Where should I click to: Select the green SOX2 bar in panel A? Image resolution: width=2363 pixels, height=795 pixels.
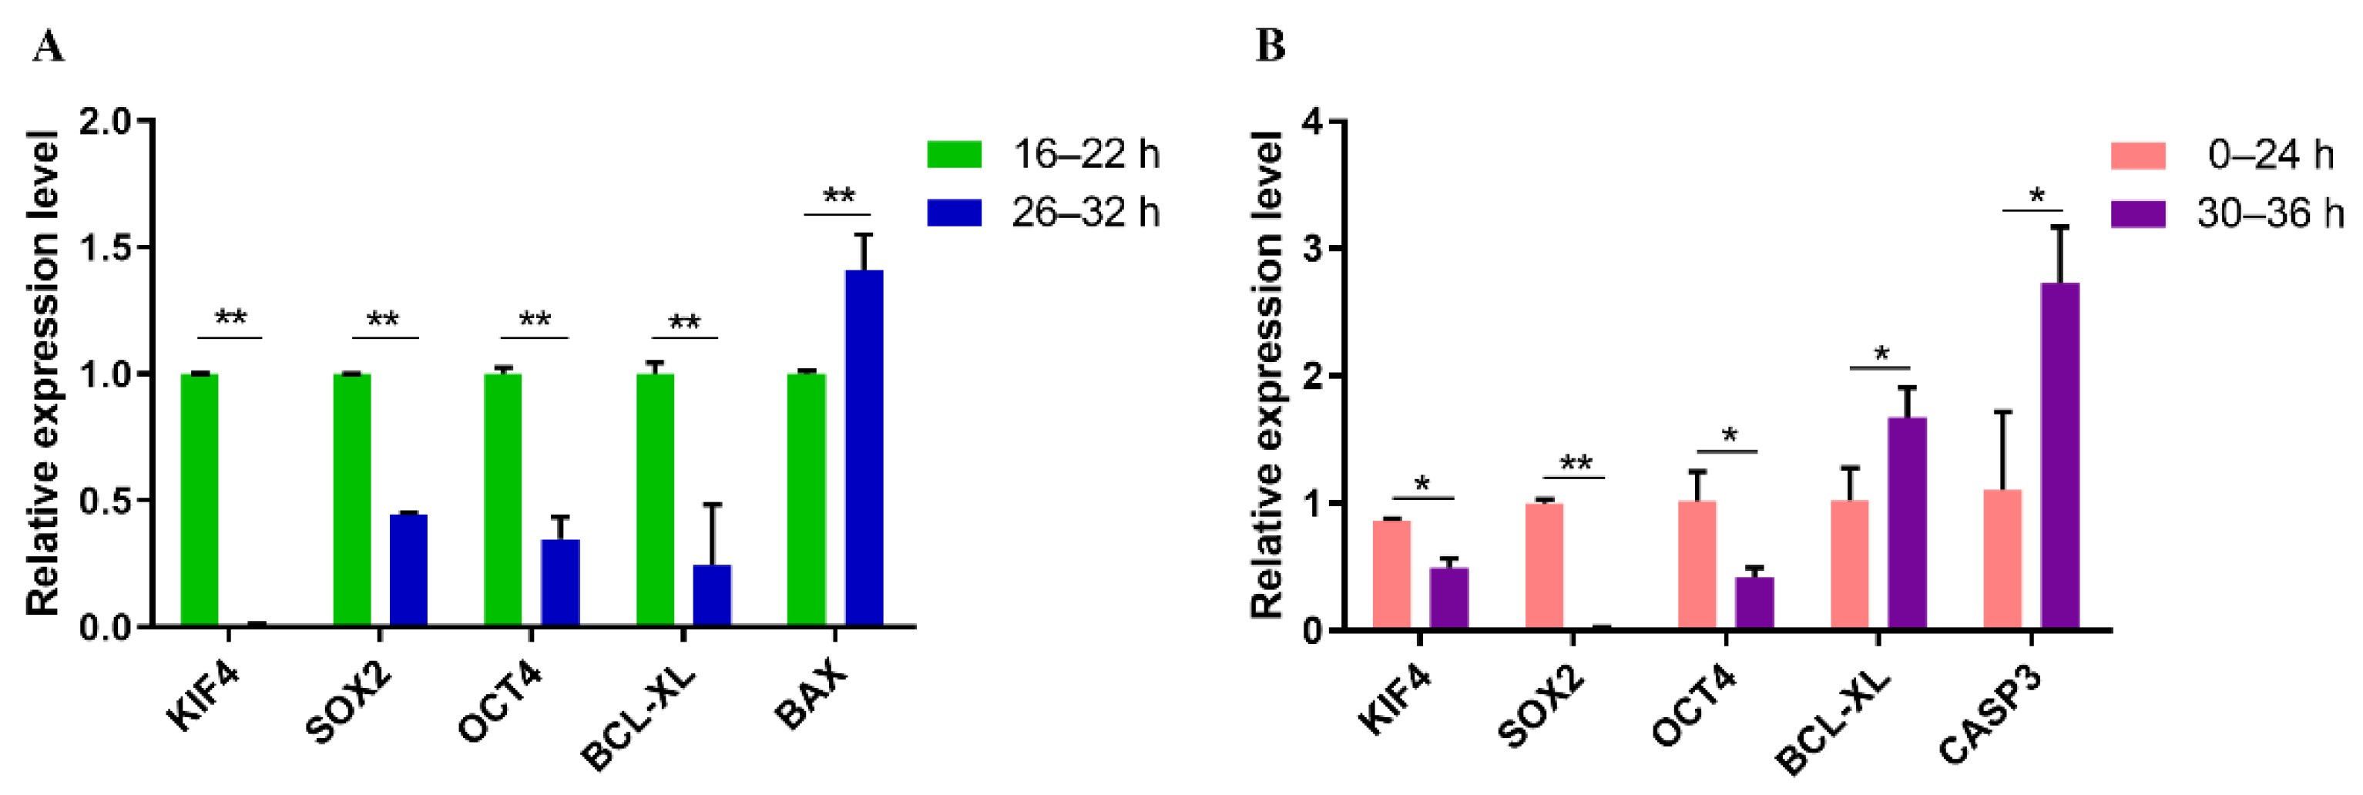click(351, 500)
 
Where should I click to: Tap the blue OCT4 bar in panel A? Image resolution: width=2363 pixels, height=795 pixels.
click(559, 582)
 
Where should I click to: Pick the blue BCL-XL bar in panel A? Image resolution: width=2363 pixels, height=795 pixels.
click(712, 595)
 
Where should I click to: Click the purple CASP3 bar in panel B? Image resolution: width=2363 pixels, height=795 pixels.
click(2059, 456)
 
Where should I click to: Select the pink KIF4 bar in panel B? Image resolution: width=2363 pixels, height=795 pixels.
click(1391, 574)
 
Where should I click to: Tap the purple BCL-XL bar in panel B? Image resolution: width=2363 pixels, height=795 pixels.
click(1907, 522)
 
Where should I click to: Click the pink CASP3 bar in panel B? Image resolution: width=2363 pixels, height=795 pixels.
click(2002, 559)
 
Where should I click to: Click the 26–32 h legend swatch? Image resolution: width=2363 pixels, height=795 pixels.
click(954, 213)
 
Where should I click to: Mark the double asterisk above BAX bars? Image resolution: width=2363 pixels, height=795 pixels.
click(838, 196)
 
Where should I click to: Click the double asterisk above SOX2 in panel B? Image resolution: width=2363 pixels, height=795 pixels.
click(1575, 462)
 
